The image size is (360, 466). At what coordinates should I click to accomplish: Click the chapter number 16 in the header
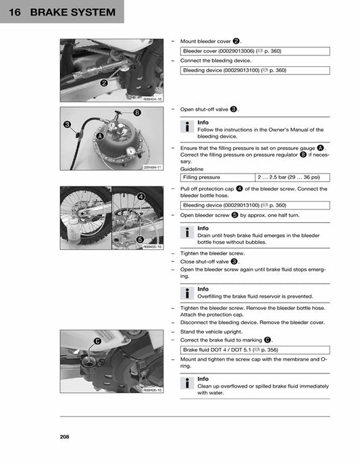tap(14, 12)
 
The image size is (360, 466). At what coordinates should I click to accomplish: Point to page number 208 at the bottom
tap(64, 436)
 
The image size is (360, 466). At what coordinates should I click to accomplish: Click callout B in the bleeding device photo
tap(137, 112)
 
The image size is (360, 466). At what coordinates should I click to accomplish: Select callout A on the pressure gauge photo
tap(101, 136)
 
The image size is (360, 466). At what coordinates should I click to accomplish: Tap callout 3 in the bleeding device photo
tap(68, 124)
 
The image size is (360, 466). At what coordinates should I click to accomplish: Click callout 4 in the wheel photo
tap(140, 196)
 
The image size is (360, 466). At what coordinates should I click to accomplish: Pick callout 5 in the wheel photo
tap(139, 239)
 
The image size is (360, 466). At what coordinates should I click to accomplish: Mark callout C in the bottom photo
tap(97, 340)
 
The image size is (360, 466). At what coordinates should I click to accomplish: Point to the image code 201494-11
tap(152, 167)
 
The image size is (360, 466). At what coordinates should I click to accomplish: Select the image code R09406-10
tap(152, 390)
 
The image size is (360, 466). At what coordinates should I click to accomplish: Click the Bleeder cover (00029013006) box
tap(255, 51)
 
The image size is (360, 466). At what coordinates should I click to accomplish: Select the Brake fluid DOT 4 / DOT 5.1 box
tap(255, 350)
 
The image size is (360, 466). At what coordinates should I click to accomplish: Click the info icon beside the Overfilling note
tap(186, 292)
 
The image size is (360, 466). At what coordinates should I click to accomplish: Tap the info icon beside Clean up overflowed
tap(186, 383)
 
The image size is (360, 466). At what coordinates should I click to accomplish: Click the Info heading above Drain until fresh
tap(203, 228)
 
